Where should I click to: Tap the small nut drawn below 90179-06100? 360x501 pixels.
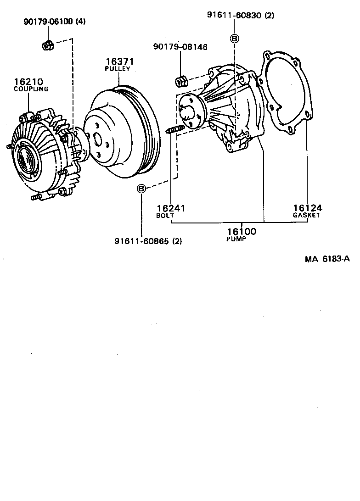tap(48, 45)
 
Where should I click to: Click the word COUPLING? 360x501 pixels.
tap(31, 89)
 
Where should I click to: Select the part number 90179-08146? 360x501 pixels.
tap(180, 47)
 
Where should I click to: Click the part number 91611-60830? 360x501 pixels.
tap(234, 15)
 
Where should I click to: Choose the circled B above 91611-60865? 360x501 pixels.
tap(142, 188)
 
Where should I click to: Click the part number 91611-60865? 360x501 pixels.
tap(141, 241)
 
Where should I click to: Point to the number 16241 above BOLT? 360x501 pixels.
tap(170, 208)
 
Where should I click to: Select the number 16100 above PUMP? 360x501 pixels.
tap(241, 232)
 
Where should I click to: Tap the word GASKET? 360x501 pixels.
tap(306, 215)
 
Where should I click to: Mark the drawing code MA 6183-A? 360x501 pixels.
tap(327, 259)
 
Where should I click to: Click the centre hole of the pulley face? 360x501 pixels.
tap(97, 139)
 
